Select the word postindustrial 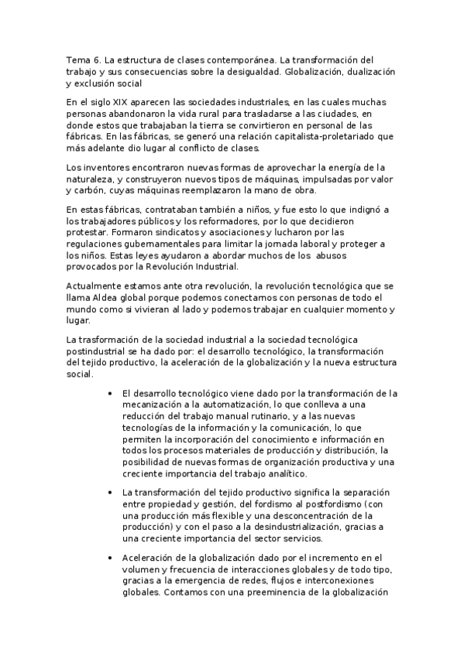[x=97, y=351]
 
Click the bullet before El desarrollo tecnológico [x=114, y=393]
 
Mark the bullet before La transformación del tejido [x=114, y=492]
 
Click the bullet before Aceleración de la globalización [x=114, y=558]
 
